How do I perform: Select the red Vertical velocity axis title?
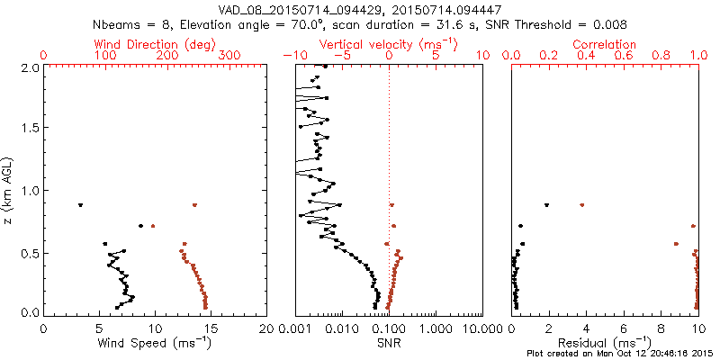pyautogui.click(x=388, y=44)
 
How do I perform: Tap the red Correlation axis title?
pyautogui.click(x=605, y=44)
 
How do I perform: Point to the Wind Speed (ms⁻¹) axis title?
pyautogui.click(x=154, y=343)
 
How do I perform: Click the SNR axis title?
pyautogui.click(x=388, y=343)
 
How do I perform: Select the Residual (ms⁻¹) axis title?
pyautogui.click(x=605, y=343)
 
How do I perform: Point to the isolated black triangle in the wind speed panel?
pyautogui.click(x=80, y=205)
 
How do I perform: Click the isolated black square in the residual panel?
pyautogui.click(x=546, y=205)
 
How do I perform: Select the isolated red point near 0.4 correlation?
pyautogui.click(x=582, y=205)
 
